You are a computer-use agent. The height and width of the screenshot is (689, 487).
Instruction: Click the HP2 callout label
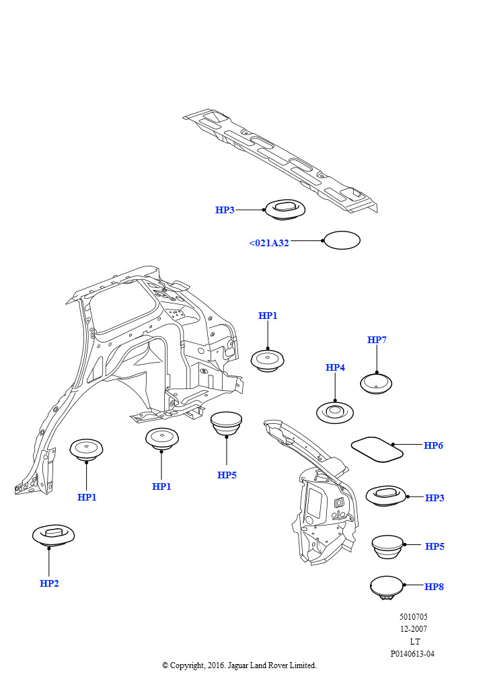[49, 583]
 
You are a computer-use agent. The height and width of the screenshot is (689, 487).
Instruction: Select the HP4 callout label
[335, 367]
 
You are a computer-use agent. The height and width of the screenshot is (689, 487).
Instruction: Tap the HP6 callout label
[433, 445]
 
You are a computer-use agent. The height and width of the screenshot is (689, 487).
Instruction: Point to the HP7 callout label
[377, 340]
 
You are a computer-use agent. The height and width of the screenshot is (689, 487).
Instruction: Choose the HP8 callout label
[434, 587]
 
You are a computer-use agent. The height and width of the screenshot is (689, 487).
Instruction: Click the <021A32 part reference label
[269, 243]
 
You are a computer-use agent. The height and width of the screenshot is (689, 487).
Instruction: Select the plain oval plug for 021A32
[342, 240]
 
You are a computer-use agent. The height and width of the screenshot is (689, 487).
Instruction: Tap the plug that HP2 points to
[53, 536]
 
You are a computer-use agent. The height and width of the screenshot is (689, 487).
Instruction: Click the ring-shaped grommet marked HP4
[335, 411]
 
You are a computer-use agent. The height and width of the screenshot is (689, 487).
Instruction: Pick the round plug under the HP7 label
[377, 384]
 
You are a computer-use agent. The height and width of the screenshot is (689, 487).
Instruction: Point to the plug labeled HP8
[387, 587]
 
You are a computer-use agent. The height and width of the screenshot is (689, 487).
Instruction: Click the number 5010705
[413, 617]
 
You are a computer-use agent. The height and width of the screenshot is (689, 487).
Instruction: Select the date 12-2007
[413, 629]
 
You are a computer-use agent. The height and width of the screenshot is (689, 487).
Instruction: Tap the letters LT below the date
[414, 642]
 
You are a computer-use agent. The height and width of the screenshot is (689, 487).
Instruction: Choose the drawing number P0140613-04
[412, 654]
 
